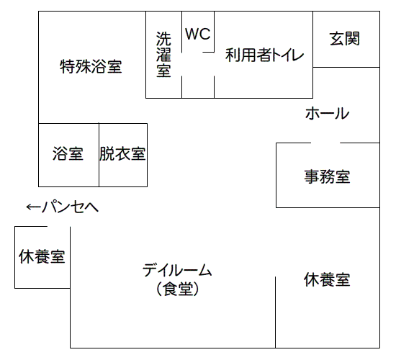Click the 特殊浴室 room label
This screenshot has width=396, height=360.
[x=91, y=66]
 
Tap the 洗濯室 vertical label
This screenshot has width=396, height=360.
[x=163, y=54]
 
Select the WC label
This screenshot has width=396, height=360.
[x=198, y=34]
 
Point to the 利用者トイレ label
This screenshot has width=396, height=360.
[x=264, y=55]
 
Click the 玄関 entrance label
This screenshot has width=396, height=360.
[x=345, y=38]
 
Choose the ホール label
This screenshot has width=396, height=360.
[x=328, y=113]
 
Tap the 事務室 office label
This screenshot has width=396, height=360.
[x=328, y=176]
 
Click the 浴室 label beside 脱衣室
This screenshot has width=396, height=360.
[x=68, y=153]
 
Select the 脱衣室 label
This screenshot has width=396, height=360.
[x=122, y=153]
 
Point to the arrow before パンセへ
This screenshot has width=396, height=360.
[x=33, y=207]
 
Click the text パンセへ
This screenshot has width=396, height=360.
[x=70, y=207]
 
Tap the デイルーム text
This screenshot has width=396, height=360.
[x=177, y=270]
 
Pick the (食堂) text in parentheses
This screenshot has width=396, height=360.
[x=177, y=289]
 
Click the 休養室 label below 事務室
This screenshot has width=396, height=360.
[x=327, y=279]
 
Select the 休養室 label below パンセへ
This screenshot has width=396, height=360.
[x=42, y=256]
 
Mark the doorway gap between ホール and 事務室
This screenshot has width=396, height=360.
[x=325, y=143]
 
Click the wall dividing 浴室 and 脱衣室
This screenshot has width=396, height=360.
[x=99, y=155]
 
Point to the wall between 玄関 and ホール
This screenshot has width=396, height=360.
[x=346, y=67]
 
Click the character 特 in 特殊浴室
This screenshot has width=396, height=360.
[x=68, y=66]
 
